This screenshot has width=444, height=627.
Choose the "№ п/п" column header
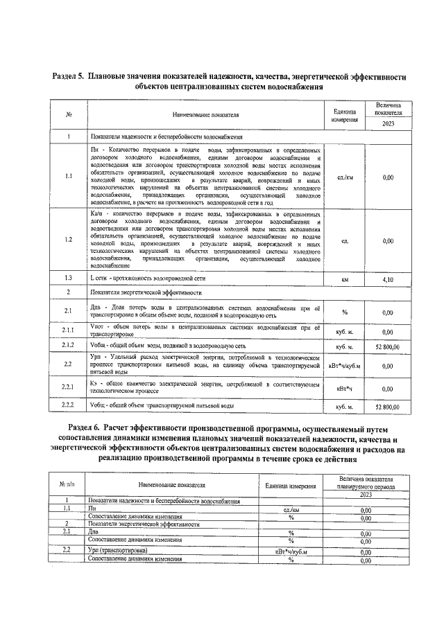[x=66, y=484]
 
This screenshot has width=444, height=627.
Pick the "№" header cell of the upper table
[x=69, y=115]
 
